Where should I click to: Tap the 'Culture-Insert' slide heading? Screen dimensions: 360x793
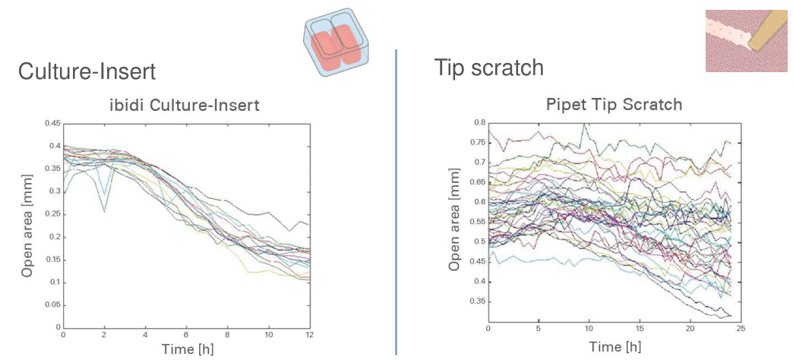click(x=87, y=72)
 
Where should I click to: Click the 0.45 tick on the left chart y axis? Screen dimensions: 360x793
click(x=52, y=123)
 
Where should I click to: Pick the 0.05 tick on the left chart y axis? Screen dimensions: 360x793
click(x=52, y=305)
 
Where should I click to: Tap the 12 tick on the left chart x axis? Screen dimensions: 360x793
click(x=309, y=335)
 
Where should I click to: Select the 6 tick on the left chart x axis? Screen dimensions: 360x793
click(x=186, y=335)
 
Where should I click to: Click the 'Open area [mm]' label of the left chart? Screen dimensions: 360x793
click(x=27, y=226)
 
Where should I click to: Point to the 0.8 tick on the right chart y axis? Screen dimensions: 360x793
click(x=479, y=122)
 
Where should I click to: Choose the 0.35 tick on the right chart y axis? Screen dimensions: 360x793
click(x=477, y=302)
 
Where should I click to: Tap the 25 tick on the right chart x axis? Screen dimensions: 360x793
click(x=741, y=329)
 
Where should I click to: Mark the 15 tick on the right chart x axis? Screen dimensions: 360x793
click(x=640, y=329)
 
